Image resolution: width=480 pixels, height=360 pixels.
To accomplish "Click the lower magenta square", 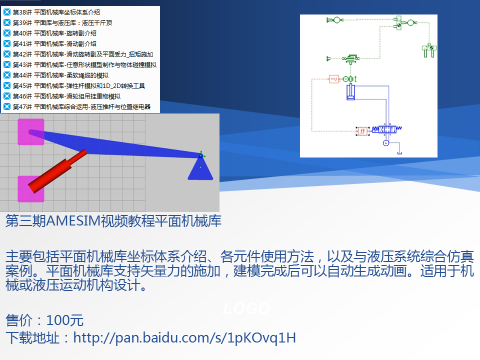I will pyautogui.click(x=30, y=187).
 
